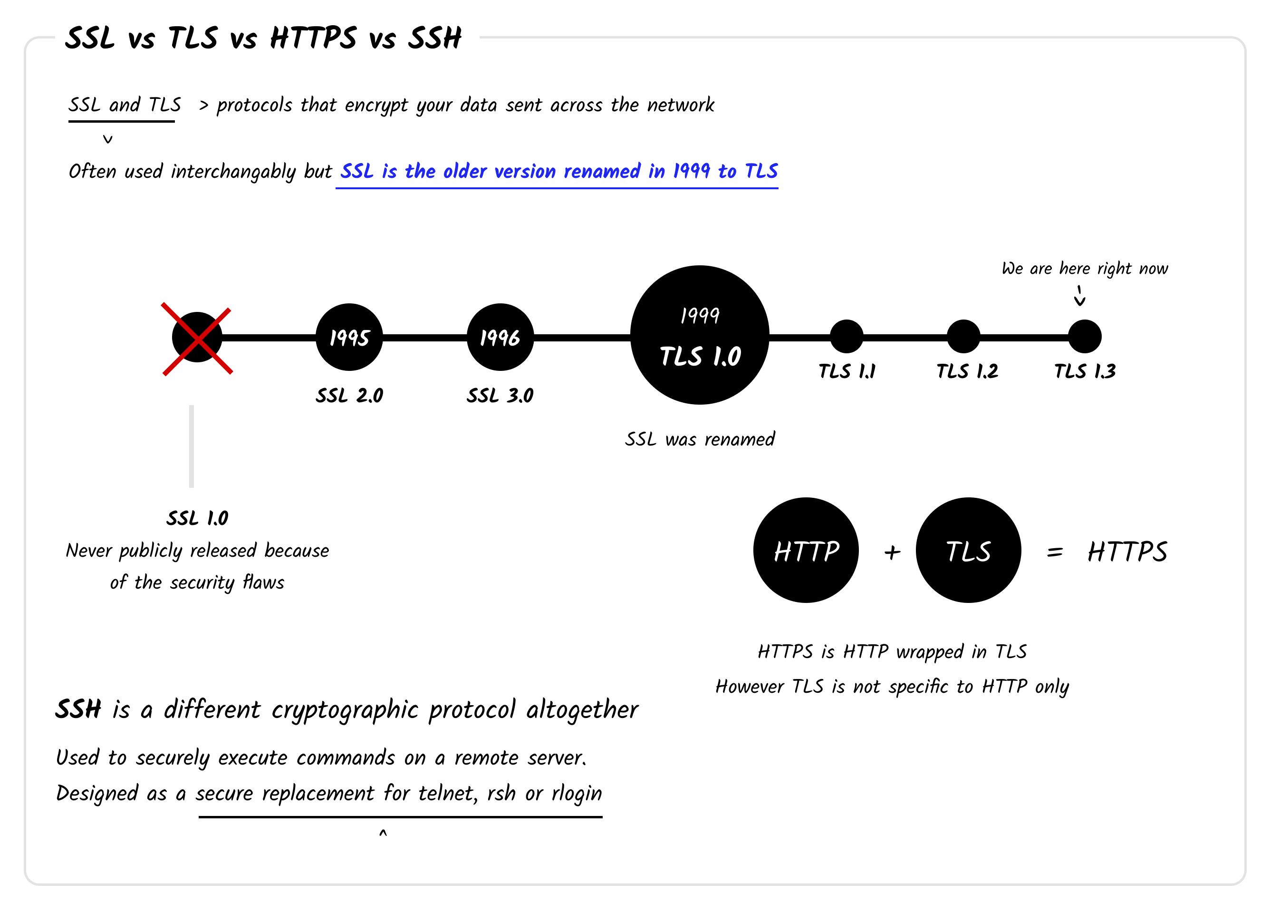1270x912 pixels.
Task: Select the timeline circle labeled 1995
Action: click(349, 337)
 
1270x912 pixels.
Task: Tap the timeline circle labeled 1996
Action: click(500, 337)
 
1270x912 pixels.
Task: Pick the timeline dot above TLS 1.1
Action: click(846, 337)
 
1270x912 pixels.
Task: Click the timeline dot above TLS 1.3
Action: click(1085, 337)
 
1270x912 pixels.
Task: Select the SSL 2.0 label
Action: click(349, 396)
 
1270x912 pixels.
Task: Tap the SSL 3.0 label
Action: click(500, 396)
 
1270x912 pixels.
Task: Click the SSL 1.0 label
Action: click(197, 518)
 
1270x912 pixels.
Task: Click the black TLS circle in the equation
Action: click(968, 551)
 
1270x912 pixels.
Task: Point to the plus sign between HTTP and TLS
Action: click(892, 553)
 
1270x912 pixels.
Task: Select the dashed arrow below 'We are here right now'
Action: click(1079, 296)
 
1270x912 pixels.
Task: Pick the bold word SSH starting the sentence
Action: click(78, 710)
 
